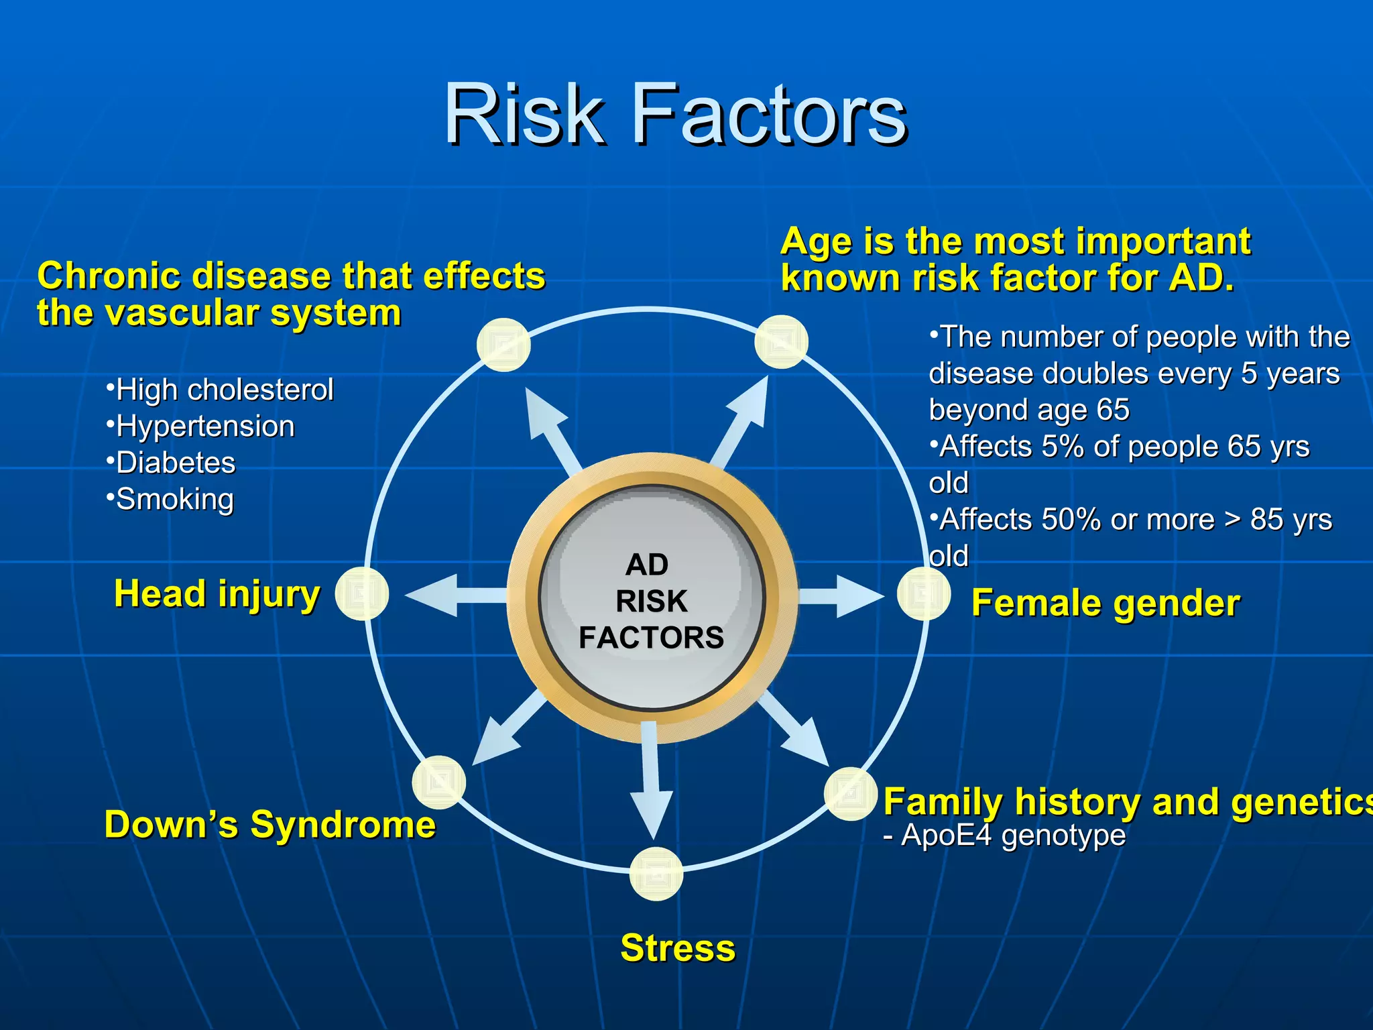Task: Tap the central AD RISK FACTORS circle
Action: pos(652,599)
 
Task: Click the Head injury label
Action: pos(217,594)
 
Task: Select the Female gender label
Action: pos(1106,603)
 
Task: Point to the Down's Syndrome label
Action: pos(270,824)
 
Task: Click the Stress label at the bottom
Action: pos(678,948)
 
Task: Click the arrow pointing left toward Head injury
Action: pos(449,595)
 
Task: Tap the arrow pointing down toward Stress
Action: pos(650,785)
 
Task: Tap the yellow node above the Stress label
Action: pos(656,874)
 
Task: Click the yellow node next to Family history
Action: pos(850,794)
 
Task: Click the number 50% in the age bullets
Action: pos(1071,520)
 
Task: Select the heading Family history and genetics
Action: pos(1126,802)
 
